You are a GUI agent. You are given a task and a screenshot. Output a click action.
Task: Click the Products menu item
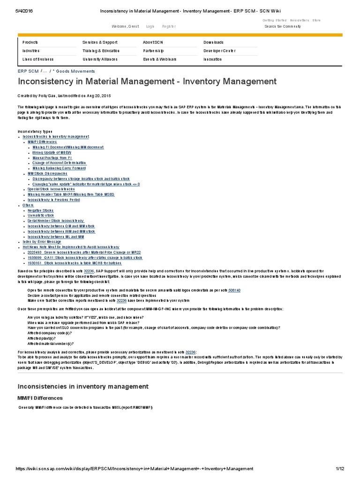pos(30,42)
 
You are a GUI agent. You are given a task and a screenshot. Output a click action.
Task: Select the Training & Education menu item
pos(101,51)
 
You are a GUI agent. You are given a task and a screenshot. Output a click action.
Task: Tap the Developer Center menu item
pos(219,51)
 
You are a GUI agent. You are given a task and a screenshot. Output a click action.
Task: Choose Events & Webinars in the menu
pos(160,60)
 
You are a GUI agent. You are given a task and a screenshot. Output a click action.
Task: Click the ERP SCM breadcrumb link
pos(28,71)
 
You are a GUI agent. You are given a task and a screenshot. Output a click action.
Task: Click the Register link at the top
pos(169,26)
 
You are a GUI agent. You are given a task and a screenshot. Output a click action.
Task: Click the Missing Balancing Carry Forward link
pos(59,168)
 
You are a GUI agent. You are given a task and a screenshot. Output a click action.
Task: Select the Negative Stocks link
pos(40,210)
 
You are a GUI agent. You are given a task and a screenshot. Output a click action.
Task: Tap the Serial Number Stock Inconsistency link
pos(56,221)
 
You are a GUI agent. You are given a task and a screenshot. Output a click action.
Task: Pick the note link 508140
pos(234,291)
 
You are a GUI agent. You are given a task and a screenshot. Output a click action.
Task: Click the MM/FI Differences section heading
pos(40,398)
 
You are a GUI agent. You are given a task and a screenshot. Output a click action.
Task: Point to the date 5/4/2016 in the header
pos(13,11)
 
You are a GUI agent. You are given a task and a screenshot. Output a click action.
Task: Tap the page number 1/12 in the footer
pos(340,469)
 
